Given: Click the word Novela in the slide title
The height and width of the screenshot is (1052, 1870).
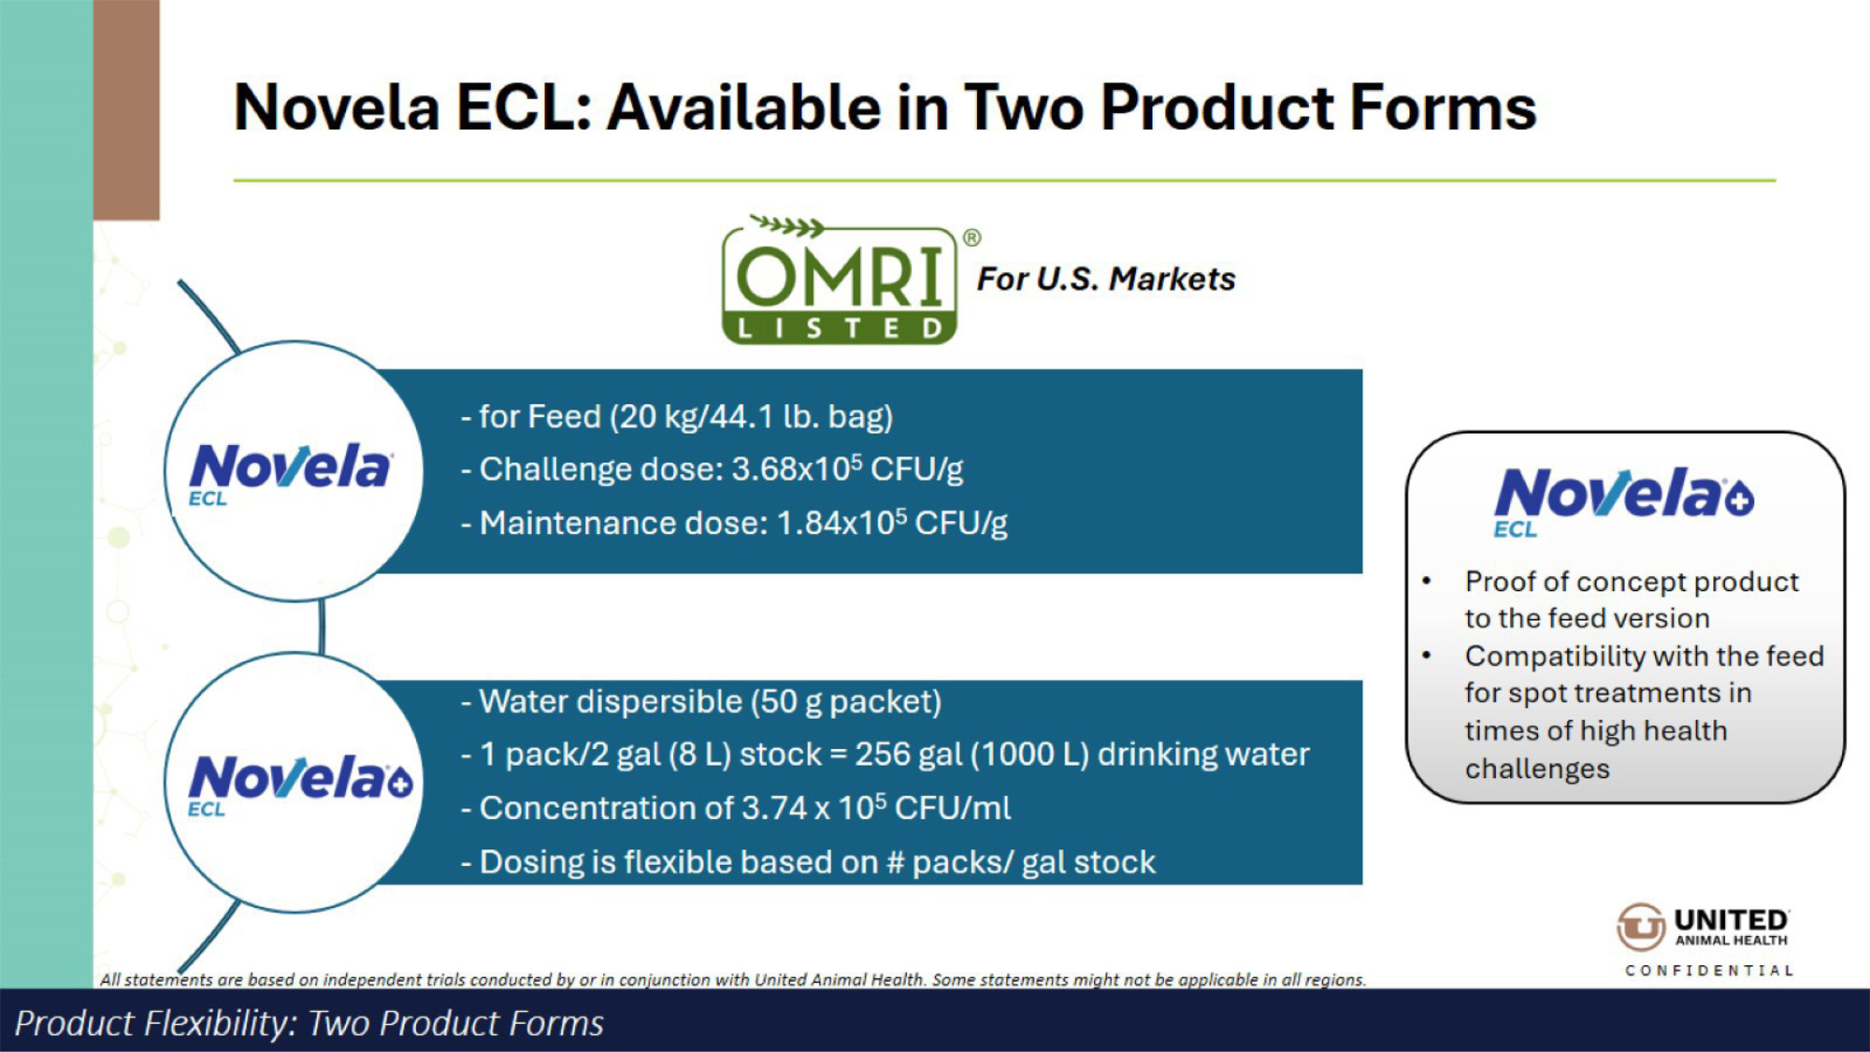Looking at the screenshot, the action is pos(337,108).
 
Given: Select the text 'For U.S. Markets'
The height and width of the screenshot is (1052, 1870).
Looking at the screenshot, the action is pos(1106,279).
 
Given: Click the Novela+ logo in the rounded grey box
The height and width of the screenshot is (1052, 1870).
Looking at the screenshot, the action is pos(1624,502).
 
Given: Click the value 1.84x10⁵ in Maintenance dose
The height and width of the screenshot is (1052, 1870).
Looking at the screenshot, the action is pos(841,523).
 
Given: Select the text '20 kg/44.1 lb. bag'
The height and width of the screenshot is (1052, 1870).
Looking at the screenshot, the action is pos(751,417).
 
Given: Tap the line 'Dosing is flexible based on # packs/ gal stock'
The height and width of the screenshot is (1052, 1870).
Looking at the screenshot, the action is pos(809,862).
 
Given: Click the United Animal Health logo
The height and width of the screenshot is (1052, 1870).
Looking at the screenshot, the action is pos(1703,927).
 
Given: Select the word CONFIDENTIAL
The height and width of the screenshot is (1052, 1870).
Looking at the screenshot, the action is pos(1709,971).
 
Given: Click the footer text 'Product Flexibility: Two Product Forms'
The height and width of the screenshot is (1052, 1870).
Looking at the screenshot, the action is pos(309,1024).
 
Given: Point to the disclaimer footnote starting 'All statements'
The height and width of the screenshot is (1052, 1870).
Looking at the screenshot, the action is pos(733,979).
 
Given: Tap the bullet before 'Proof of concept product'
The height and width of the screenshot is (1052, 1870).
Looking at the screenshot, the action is pos(1427,582).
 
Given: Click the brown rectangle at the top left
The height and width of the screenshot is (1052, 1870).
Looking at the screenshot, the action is pos(126,109).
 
